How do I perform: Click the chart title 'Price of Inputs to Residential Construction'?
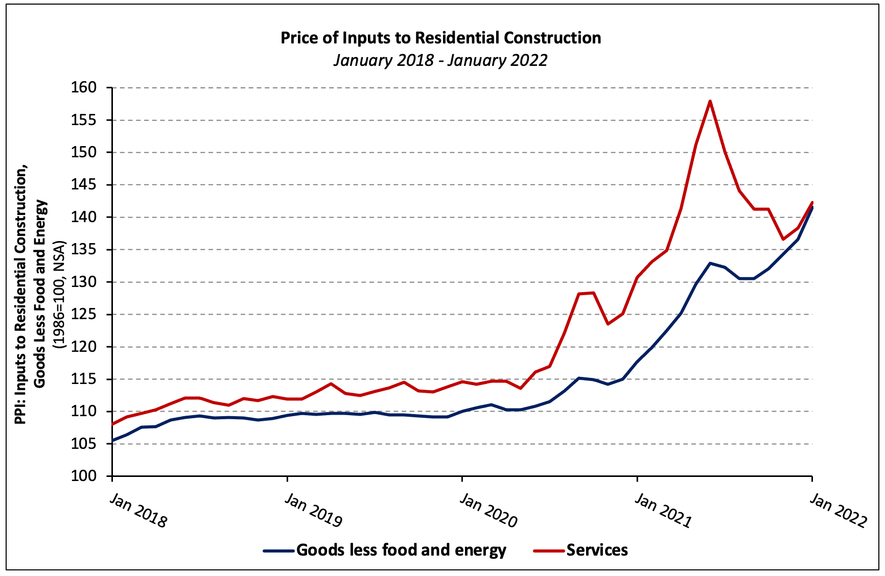440,38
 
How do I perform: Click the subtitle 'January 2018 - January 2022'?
440,60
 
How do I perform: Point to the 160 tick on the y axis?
84,88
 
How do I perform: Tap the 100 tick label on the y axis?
84,476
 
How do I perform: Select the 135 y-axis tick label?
84,250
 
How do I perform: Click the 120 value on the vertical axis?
84,347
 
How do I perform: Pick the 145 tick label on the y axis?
84,185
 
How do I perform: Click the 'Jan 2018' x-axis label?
138,511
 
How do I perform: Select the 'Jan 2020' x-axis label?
488,510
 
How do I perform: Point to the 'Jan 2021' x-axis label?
663,510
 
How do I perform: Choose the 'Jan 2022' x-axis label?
838,510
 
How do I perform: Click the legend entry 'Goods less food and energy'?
401,550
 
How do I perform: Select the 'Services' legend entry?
597,550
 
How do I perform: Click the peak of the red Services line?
710,101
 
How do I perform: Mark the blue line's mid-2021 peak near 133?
710,263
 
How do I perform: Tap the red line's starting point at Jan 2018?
113,424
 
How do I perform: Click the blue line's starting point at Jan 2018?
113,440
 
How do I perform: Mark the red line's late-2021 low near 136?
783,239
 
